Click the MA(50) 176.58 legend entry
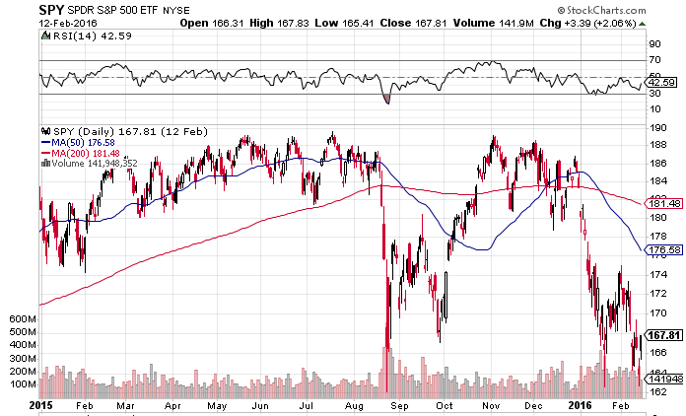[x=80, y=141]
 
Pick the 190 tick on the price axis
[x=652, y=126]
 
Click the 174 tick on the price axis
[x=652, y=275]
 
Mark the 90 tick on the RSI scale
[x=652, y=44]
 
